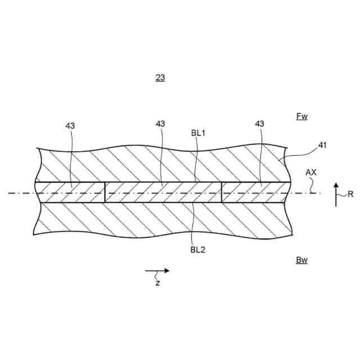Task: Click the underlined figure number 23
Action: click(160, 78)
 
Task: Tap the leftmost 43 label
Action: click(70, 127)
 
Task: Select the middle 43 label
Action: click(160, 124)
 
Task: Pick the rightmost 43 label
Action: click(259, 124)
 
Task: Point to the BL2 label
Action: click(197, 250)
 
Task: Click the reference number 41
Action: click(322, 145)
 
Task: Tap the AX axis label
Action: click(311, 173)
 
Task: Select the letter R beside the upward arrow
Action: click(350, 195)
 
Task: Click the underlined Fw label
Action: click(302, 116)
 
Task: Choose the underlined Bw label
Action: click(302, 260)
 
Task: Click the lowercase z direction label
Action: click(157, 282)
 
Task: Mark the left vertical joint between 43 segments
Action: click(105, 192)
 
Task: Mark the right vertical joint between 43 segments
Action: click(222, 192)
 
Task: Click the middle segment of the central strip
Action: click(163, 192)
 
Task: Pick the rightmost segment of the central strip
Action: click(256, 192)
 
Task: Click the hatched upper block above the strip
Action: click(163, 165)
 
